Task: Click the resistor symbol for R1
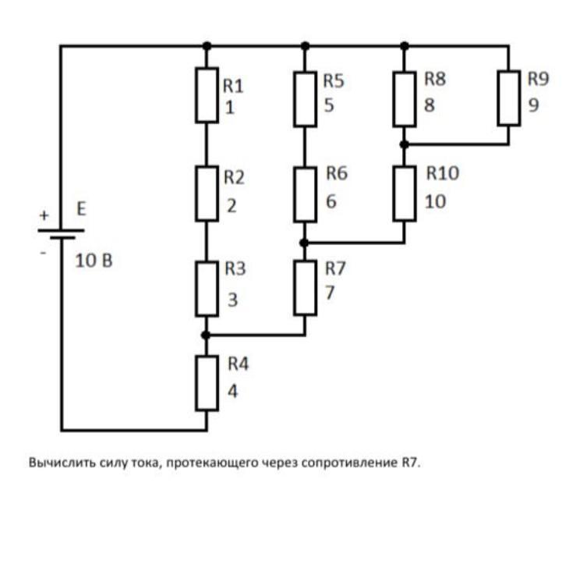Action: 207,95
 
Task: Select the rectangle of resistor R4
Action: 207,383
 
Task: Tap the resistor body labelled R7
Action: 306,288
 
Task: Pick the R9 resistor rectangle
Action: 509,98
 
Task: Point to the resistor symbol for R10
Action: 405,194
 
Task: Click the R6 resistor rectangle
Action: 306,195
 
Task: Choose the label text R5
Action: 334,80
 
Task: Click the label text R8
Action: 435,79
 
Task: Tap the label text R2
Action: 234,177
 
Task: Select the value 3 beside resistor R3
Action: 232,300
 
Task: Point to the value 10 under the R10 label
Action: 435,202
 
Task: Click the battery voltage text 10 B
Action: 94,261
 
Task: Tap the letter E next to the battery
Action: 81,208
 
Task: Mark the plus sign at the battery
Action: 44,215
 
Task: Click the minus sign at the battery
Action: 44,253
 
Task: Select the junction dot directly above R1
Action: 207,46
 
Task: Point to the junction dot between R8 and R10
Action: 404,144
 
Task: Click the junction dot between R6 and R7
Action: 304,243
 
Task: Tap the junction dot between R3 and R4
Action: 206,336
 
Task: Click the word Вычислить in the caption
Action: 62,463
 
